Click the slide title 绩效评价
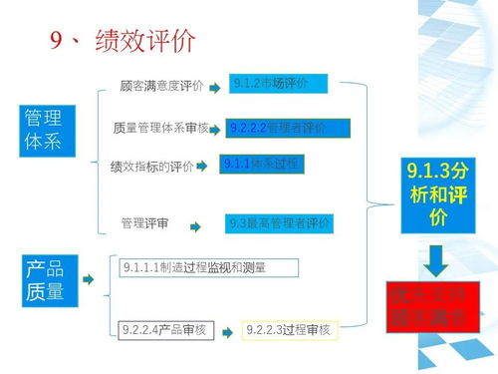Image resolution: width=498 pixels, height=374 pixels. (145, 42)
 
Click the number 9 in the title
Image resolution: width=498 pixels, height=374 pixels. (58, 41)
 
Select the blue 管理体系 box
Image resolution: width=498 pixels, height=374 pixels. (47, 129)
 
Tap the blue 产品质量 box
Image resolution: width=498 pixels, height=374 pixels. (47, 280)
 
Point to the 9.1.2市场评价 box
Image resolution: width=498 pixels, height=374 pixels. (270, 83)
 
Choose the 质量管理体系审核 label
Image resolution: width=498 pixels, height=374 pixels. (160, 128)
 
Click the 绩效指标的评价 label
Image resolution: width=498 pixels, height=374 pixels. (152, 167)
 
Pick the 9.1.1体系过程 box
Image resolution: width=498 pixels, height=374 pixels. (262, 163)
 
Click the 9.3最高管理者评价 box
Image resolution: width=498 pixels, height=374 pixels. (278, 223)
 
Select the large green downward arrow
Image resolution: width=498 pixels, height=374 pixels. (435, 261)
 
